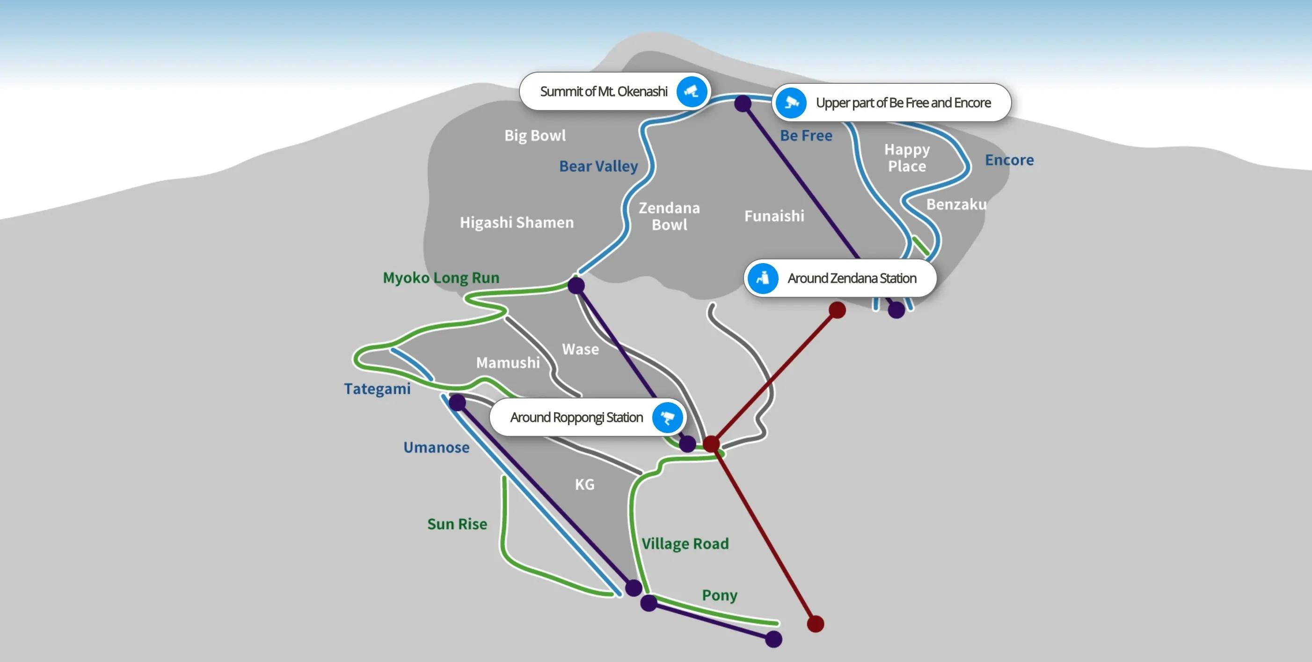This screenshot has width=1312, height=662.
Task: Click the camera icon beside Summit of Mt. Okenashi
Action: tap(691, 92)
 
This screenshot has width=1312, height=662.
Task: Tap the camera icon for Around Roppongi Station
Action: tap(667, 418)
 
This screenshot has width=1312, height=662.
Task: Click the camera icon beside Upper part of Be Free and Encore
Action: tap(791, 103)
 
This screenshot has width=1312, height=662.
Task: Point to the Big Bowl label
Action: tap(535, 136)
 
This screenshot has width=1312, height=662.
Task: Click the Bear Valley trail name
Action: tap(598, 166)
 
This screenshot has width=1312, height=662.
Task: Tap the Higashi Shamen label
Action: tap(517, 222)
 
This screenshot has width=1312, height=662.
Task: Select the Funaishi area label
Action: tap(774, 216)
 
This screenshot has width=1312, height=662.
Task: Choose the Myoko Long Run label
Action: tap(441, 278)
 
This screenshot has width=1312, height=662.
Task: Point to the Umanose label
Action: tap(437, 448)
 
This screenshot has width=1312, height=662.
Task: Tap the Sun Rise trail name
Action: tap(457, 524)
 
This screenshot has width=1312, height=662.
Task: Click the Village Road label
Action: tap(685, 544)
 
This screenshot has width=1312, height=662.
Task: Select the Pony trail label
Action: tap(720, 595)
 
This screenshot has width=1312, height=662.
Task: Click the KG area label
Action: tap(585, 484)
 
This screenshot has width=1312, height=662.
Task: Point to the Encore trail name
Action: tap(1009, 160)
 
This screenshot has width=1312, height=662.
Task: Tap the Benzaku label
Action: tap(956, 205)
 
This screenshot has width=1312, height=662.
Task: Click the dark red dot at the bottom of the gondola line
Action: tap(816, 624)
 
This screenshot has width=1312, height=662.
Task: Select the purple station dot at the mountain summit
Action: tap(743, 103)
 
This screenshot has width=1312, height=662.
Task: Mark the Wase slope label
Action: tap(580, 349)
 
